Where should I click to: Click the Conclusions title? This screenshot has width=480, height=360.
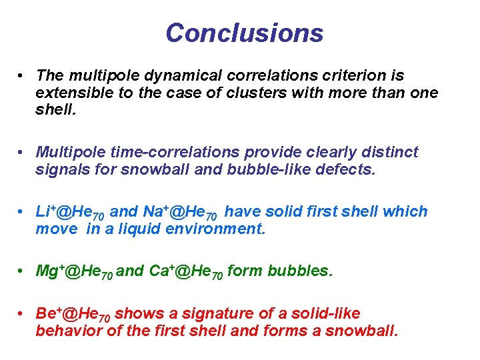click(244, 33)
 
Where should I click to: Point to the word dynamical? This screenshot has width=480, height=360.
click(163, 76)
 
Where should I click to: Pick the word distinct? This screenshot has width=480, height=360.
click(391, 152)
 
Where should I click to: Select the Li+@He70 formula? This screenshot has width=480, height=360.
click(70, 212)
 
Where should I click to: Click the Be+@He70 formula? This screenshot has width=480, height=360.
click(73, 314)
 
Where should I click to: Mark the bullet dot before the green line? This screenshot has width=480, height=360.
click(22, 272)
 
